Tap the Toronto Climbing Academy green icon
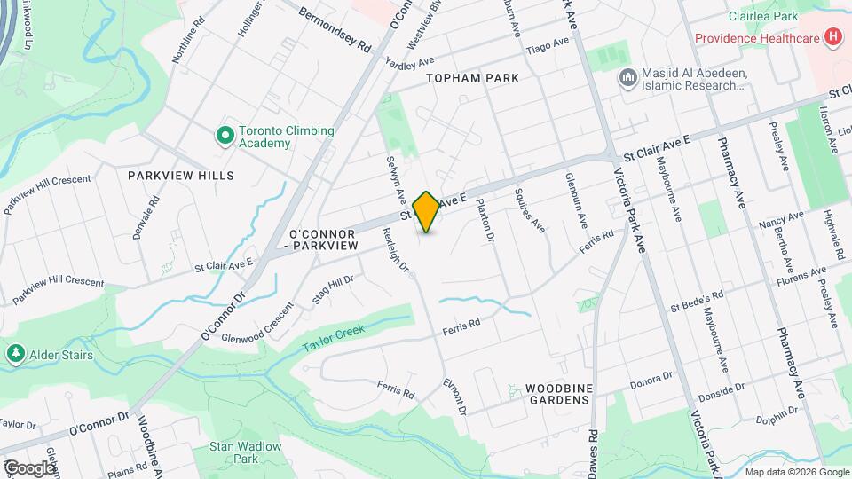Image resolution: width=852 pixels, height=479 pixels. pos(225,136)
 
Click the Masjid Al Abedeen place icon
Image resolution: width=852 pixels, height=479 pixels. pos(627,78)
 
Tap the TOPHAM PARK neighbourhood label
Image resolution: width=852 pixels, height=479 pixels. pos(471,78)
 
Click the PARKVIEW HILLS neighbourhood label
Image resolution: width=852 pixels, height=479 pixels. pos(181,175)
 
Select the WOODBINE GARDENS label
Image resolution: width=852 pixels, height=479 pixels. pos(557,393)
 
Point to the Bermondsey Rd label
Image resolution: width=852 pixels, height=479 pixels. pos(335,31)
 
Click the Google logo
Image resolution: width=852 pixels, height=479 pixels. pos(29,467)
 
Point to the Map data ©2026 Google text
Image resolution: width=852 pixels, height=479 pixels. pos(795,472)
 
